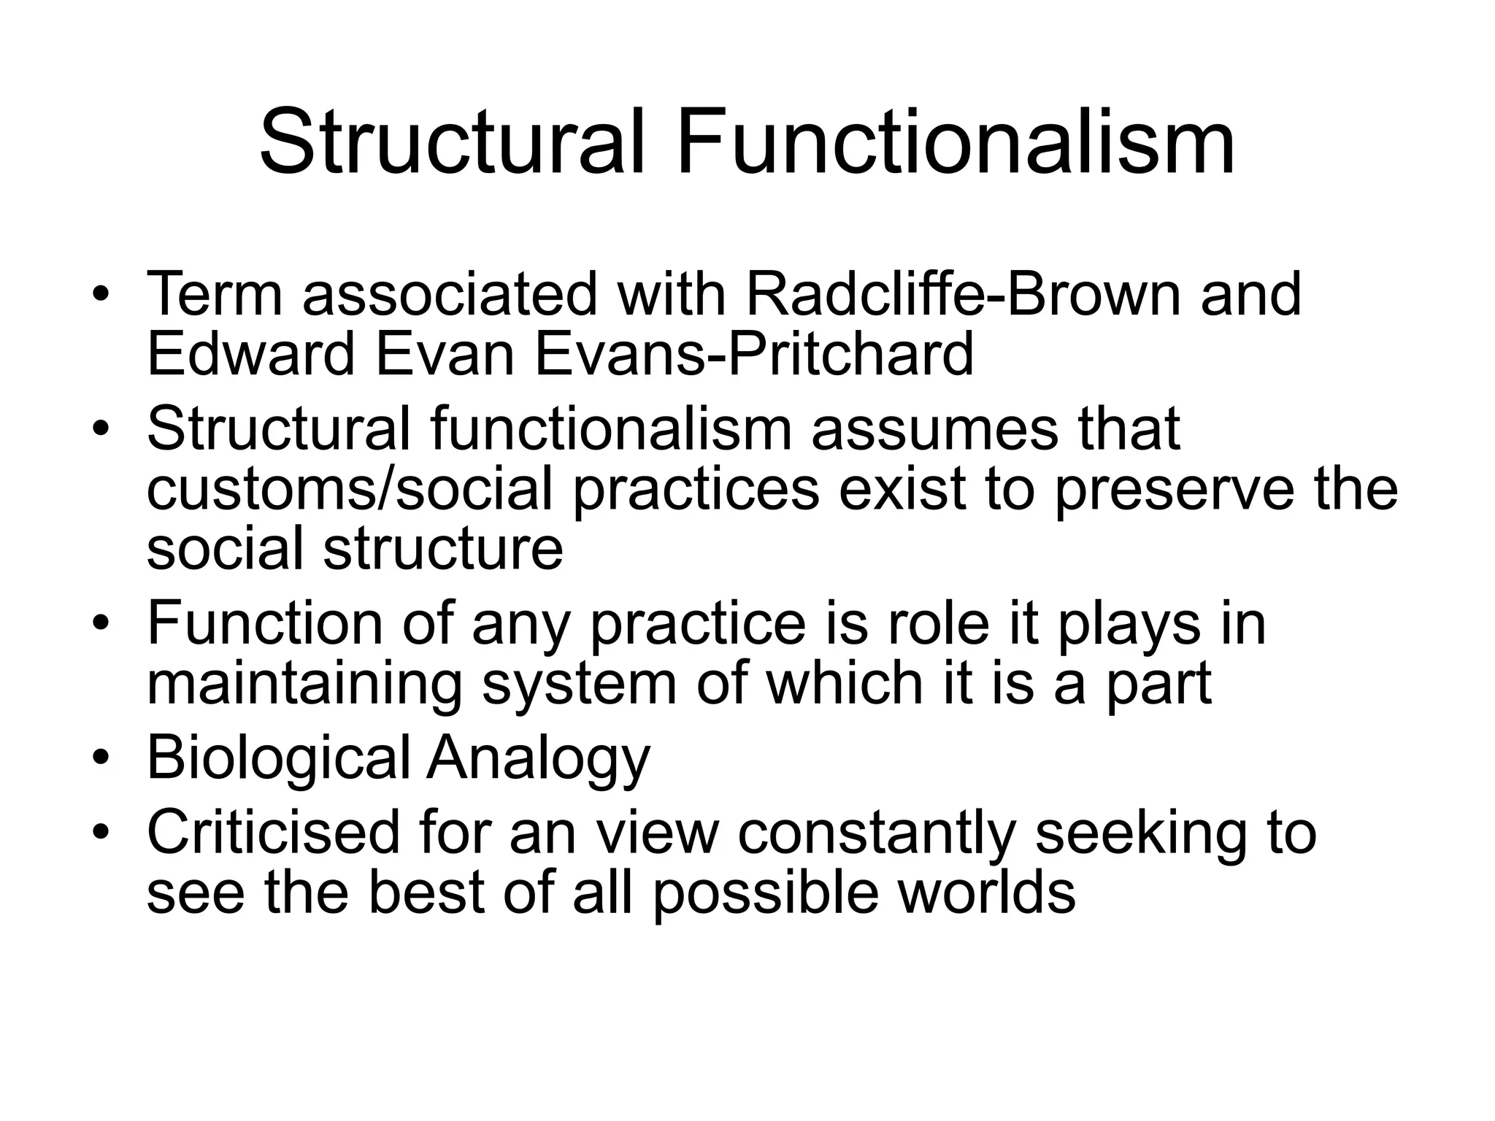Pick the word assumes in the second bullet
[934, 428]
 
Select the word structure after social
[443, 550]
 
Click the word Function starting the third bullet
[265, 624]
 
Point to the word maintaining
[304, 685]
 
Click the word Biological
[279, 758]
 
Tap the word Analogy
[538, 760]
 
